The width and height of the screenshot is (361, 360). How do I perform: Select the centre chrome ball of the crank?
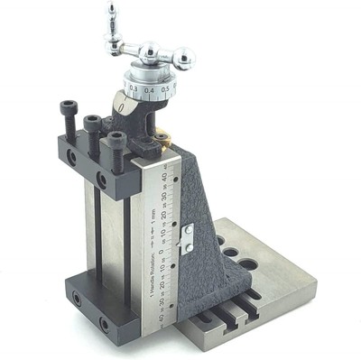click(148, 51)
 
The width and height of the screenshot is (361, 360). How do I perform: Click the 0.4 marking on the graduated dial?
click(149, 89)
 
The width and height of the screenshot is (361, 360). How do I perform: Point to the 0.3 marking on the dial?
click(134, 88)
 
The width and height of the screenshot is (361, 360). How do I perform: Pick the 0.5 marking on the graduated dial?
click(165, 88)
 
